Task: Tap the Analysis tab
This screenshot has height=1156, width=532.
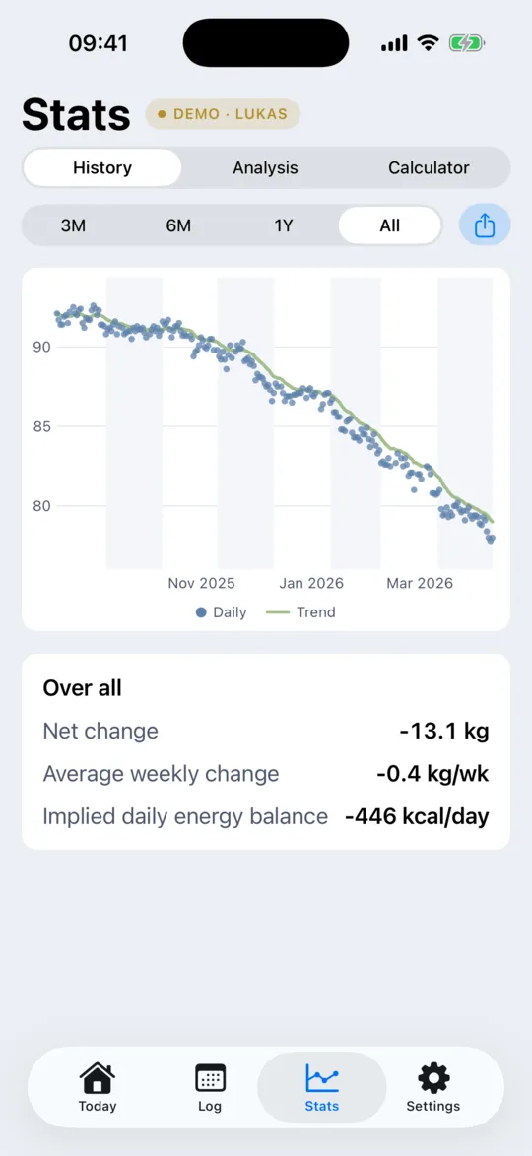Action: tap(265, 168)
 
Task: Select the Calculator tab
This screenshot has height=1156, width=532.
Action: tap(429, 168)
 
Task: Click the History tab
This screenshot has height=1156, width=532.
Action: tap(102, 168)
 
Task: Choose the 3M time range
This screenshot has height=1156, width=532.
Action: tap(73, 225)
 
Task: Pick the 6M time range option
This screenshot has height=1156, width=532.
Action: tap(178, 225)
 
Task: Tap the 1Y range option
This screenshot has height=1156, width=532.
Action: tap(284, 225)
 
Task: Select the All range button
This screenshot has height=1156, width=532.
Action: tap(389, 225)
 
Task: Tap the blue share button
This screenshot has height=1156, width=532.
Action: tap(485, 225)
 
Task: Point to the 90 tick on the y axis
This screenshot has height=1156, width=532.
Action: tap(41, 347)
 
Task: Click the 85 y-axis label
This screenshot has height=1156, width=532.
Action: tap(41, 426)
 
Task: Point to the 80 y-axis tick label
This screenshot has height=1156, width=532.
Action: tap(41, 506)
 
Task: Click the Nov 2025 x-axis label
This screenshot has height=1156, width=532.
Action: tap(201, 583)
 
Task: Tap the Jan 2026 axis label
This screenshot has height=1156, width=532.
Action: tap(311, 583)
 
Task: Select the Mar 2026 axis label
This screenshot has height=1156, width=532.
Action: tap(420, 583)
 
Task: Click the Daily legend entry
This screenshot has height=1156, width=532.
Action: tap(222, 611)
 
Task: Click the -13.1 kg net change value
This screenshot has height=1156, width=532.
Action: tap(444, 732)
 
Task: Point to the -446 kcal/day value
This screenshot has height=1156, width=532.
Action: tap(417, 817)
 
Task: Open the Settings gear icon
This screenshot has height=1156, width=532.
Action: tap(433, 1078)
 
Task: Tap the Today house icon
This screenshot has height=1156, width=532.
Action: tap(98, 1078)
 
